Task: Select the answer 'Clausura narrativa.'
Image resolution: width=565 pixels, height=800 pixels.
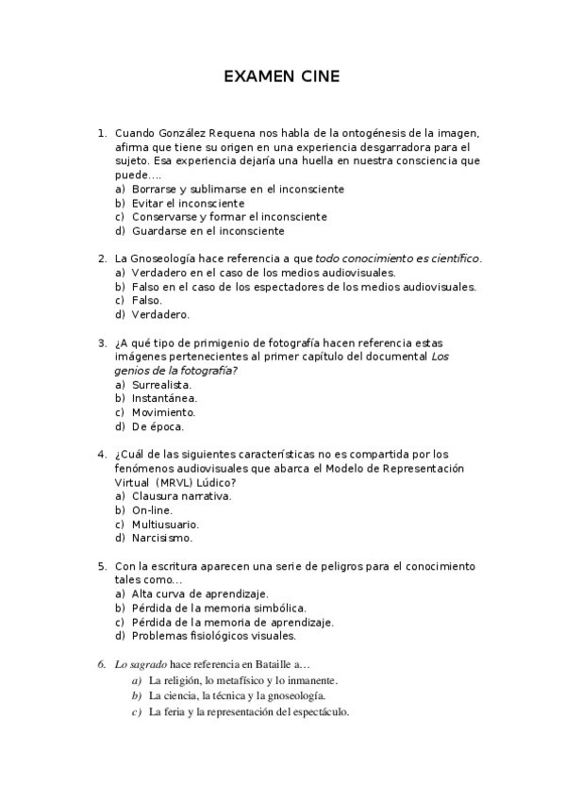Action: (182, 495)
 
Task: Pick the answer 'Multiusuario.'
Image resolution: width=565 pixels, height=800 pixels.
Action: (165, 524)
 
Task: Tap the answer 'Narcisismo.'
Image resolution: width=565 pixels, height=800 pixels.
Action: (162, 538)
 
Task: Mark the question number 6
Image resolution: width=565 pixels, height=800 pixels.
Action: (102, 664)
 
